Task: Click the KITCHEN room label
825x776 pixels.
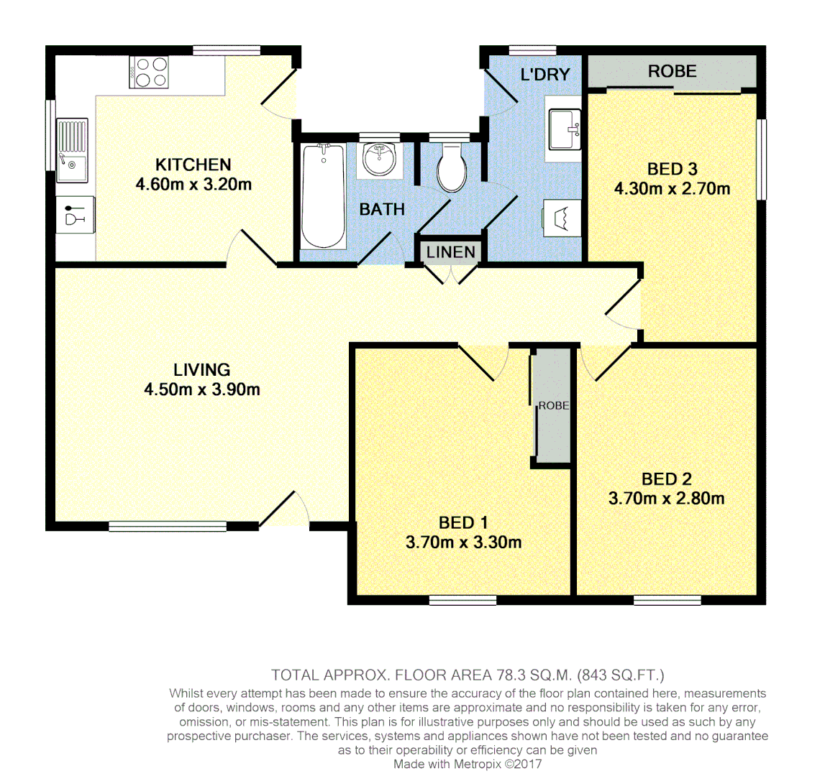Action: coord(193,165)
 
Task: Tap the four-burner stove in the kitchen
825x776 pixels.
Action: coord(149,72)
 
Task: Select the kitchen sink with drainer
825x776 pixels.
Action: coord(72,149)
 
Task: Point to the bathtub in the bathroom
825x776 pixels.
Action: coord(323,195)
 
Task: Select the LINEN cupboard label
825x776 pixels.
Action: coord(451,252)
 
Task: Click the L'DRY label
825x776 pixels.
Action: coord(544,74)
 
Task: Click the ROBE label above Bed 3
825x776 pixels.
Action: coord(672,71)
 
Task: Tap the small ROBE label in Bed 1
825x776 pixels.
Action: coord(554,405)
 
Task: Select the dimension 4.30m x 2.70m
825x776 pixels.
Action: coord(672,189)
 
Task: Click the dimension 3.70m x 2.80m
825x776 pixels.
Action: coord(666,498)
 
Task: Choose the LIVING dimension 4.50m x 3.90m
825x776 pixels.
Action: coord(202,389)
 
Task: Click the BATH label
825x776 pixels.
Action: coord(382,209)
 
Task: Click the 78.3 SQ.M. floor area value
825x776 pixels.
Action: coord(533,675)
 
